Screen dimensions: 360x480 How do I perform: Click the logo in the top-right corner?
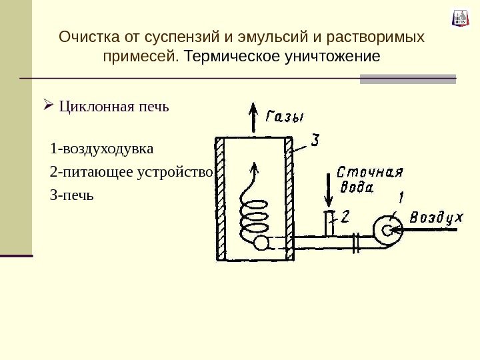[460, 18]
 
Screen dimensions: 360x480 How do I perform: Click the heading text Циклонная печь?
[114, 106]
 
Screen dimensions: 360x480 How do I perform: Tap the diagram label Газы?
[285, 116]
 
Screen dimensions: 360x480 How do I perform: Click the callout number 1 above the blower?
[400, 197]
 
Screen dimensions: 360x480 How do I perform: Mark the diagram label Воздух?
[436, 217]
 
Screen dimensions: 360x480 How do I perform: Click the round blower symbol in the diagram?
[386, 230]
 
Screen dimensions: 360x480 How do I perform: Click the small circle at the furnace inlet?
[261, 243]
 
